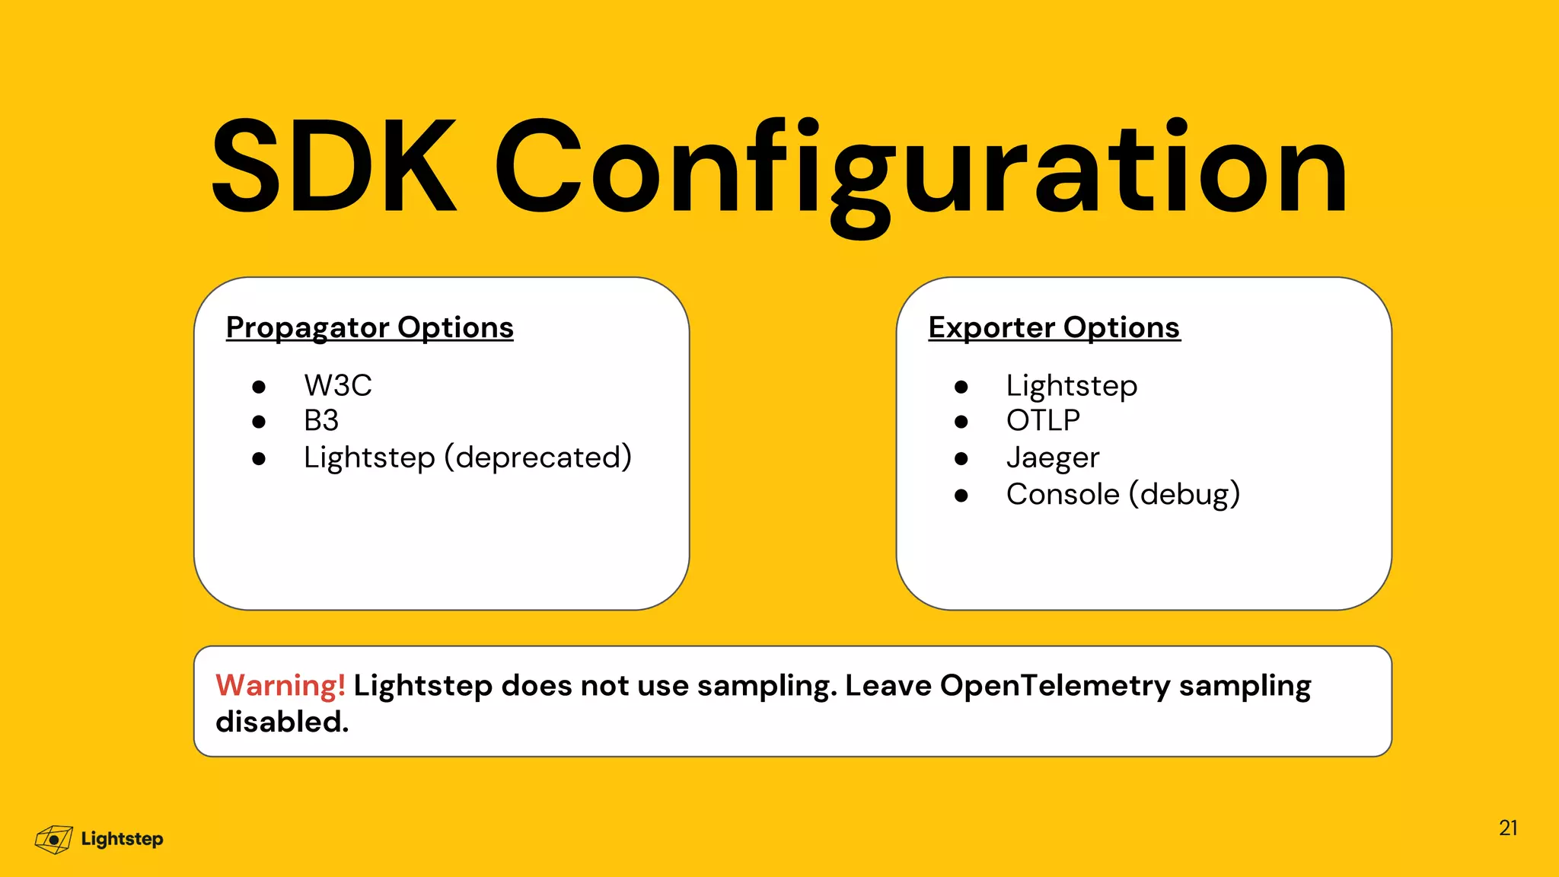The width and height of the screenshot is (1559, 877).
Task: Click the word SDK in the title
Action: pyautogui.click(x=333, y=166)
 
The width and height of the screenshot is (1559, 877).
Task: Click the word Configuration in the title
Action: pyautogui.click(x=921, y=171)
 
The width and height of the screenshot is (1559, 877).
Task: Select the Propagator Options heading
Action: pyautogui.click(x=370, y=327)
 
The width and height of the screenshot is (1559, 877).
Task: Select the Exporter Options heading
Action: pyautogui.click(x=1054, y=327)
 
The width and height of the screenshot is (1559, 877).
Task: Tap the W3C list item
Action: pyautogui.click(x=338, y=385)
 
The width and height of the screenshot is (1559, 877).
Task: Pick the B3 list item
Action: pyautogui.click(x=321, y=420)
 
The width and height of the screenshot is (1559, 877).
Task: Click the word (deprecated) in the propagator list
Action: pyautogui.click(x=538, y=458)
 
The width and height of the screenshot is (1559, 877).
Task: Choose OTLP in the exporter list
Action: pyautogui.click(x=1043, y=420)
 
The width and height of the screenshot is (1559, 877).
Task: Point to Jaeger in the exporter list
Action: pyautogui.click(x=1053, y=458)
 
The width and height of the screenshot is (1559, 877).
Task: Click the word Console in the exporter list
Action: pyautogui.click(x=1063, y=494)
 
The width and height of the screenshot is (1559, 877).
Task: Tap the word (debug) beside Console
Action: pyautogui.click(x=1184, y=494)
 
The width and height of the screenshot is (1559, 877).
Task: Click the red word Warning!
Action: pyautogui.click(x=280, y=685)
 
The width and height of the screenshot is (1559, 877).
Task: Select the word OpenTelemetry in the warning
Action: pyautogui.click(x=1055, y=685)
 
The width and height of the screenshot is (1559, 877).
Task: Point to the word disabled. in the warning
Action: pyautogui.click(x=282, y=722)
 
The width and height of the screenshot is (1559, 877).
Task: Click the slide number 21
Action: pyautogui.click(x=1508, y=828)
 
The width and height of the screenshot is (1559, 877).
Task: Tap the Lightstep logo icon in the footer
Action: pyautogui.click(x=54, y=840)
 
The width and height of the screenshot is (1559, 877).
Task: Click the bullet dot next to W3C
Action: pyautogui.click(x=259, y=387)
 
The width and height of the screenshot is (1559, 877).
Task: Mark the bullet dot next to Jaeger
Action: pyautogui.click(x=961, y=458)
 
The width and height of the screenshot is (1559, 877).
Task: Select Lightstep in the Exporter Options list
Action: pyautogui.click(x=1072, y=385)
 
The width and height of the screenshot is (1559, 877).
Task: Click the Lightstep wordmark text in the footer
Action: pyautogui.click(x=122, y=839)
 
